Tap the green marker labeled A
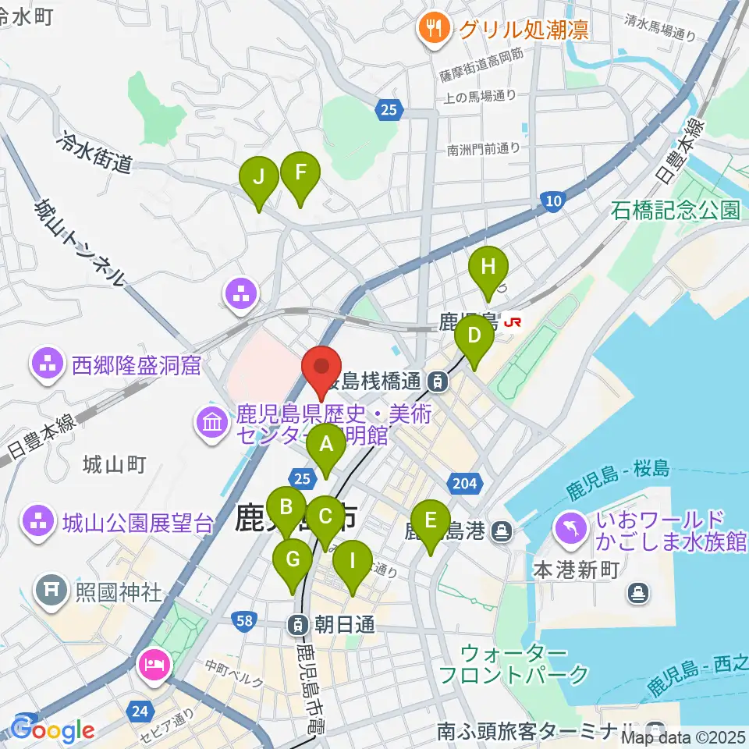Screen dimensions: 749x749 (326, 447)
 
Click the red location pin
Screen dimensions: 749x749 (321, 367)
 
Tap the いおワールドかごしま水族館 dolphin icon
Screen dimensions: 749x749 (572, 528)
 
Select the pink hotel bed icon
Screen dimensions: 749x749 (151, 665)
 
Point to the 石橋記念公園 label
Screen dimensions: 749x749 (676, 210)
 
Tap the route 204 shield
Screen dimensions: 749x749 (464, 484)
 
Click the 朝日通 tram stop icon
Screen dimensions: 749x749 (298, 624)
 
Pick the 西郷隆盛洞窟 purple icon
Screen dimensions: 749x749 (48, 364)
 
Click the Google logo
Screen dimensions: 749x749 (53, 729)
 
